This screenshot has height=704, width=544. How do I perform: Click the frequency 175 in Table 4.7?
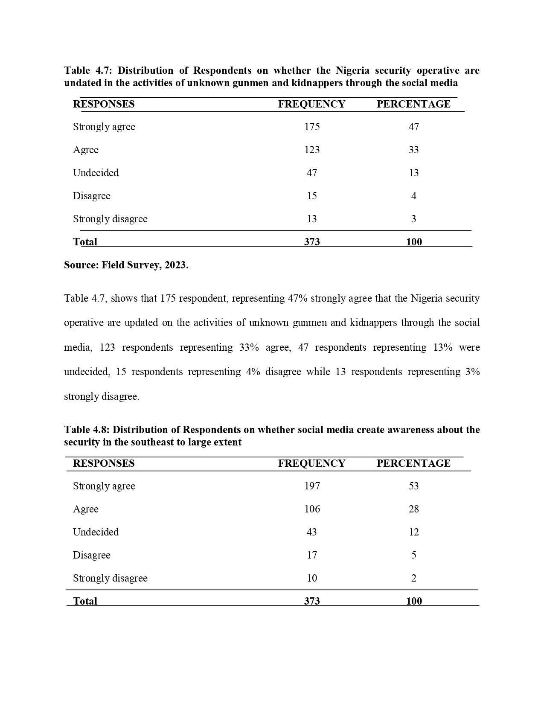pos(312,127)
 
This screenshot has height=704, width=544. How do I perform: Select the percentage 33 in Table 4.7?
pos(413,150)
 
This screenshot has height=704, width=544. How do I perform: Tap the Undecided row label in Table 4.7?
pos(96,173)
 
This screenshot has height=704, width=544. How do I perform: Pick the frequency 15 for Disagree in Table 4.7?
pos(312,196)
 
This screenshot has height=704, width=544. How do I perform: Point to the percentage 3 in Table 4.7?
pos(413,219)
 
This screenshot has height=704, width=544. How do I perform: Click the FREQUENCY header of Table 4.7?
pos(311,104)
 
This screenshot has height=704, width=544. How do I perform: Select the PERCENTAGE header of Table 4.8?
pos(413,463)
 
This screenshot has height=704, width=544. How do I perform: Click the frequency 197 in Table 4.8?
pos(312,486)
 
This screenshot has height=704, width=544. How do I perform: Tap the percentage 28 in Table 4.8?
pos(413,509)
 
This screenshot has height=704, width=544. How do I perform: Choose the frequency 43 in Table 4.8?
pos(312,532)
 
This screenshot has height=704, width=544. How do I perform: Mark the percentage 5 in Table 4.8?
pos(413,555)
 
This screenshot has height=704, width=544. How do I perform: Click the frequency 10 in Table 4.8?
pos(312,578)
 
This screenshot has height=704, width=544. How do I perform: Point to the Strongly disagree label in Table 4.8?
pos(110,578)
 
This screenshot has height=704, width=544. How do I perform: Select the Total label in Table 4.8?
pos(85,601)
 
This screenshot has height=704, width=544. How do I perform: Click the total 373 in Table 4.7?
pos(312,242)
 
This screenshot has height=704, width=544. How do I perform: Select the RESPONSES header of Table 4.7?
pos(104,104)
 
